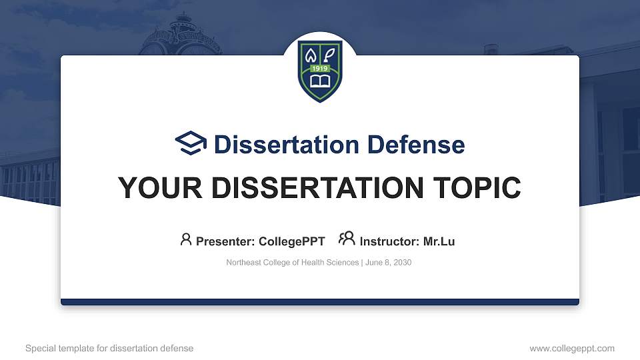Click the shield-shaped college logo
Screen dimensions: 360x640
point(320,69)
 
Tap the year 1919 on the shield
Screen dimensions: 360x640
point(320,68)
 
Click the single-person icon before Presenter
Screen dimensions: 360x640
point(186,239)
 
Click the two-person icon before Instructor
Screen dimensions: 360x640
point(347,239)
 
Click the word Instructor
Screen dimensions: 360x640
point(389,241)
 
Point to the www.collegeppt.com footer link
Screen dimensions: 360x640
point(571,348)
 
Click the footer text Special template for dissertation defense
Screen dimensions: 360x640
point(109,348)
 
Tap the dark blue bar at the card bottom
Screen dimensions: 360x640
point(320,302)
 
